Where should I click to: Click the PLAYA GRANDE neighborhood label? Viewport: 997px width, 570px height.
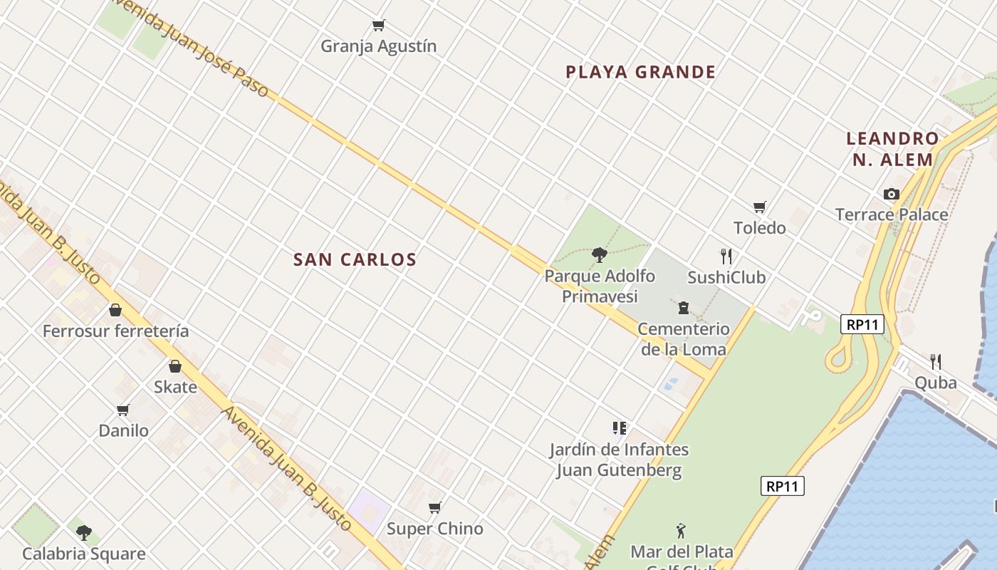pyautogui.click(x=640, y=72)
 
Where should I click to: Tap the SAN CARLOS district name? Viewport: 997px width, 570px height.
pyautogui.click(x=355, y=259)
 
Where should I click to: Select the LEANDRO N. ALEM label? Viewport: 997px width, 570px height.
pyautogui.click(x=892, y=149)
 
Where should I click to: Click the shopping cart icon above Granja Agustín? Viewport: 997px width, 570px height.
pyautogui.click(x=379, y=26)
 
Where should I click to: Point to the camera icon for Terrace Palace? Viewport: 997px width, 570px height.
pyautogui.click(x=891, y=194)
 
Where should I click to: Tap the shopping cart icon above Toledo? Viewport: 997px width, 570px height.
pyautogui.click(x=760, y=207)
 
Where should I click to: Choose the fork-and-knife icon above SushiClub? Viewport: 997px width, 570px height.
pyautogui.click(x=726, y=256)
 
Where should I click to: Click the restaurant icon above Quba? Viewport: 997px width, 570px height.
pyautogui.click(x=936, y=362)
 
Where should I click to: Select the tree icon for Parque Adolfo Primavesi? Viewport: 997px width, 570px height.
pyautogui.click(x=600, y=255)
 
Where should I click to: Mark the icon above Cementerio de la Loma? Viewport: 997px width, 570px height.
pyautogui.click(x=684, y=308)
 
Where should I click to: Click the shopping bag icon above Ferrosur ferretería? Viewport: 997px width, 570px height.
pyautogui.click(x=115, y=311)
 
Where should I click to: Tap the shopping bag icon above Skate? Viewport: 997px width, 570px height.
pyautogui.click(x=175, y=367)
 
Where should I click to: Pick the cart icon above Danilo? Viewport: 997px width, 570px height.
pyautogui.click(x=123, y=410)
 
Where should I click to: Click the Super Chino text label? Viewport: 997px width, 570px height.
pyautogui.click(x=434, y=529)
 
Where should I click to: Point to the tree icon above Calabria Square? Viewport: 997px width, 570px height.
pyautogui.click(x=84, y=532)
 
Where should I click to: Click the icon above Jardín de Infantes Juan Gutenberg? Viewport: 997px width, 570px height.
pyautogui.click(x=619, y=428)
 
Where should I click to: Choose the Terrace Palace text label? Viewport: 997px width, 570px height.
pyautogui.click(x=891, y=214)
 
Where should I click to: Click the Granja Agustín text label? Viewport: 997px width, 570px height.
pyautogui.click(x=378, y=46)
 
